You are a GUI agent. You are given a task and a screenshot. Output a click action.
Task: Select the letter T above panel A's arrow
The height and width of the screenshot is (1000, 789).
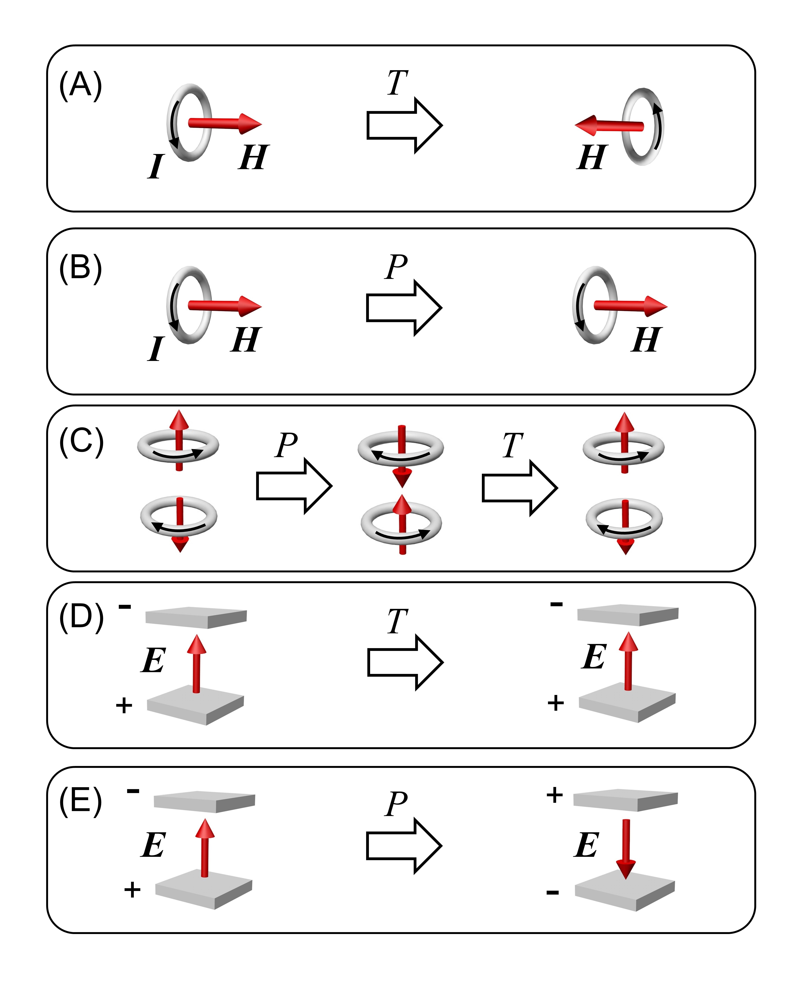click(x=397, y=83)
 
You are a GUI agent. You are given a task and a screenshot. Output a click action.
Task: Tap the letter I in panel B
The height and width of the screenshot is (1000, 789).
click(x=156, y=349)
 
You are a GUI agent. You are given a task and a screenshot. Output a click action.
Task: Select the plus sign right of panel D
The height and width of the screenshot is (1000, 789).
click(x=556, y=703)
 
